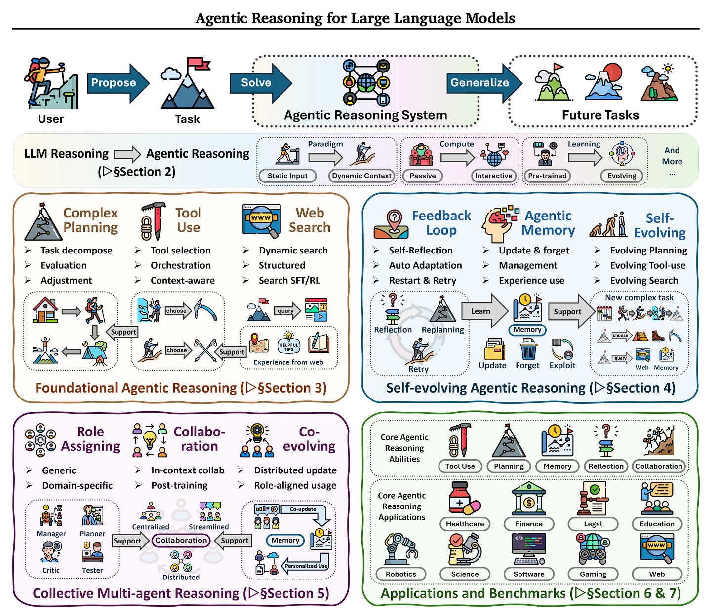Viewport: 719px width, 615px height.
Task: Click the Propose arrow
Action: (x=116, y=83)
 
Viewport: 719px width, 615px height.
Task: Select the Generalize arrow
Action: (x=481, y=83)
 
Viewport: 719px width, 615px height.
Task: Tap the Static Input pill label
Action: (x=287, y=176)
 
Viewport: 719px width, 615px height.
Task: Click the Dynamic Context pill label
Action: (x=361, y=176)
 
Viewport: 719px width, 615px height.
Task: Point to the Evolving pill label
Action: (x=622, y=176)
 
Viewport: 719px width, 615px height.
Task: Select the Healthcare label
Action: (x=465, y=524)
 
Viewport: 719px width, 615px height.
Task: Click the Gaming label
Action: (x=593, y=574)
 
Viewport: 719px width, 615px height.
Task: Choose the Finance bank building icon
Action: (x=529, y=499)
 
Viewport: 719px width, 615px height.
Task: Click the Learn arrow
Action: (x=482, y=311)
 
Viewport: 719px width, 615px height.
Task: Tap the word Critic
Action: (x=51, y=570)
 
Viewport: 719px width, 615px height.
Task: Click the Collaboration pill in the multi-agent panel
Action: (x=181, y=541)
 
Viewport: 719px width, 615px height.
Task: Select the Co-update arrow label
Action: (x=303, y=509)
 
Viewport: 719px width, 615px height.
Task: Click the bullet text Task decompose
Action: (x=77, y=251)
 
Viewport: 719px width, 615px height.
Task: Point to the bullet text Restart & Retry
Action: (x=422, y=281)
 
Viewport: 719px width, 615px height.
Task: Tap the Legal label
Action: (x=593, y=524)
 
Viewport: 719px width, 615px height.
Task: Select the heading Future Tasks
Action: (x=600, y=115)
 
